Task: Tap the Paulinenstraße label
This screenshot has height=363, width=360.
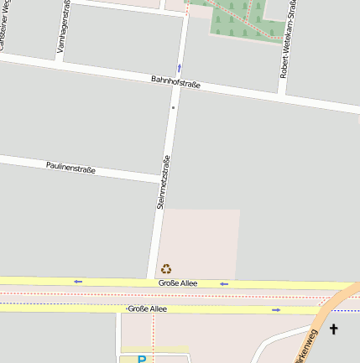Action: (x=70, y=168)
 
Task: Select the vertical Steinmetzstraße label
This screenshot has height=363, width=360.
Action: (x=163, y=182)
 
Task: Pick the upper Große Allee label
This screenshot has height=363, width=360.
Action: (x=178, y=283)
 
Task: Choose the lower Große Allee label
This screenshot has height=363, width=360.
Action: (x=147, y=309)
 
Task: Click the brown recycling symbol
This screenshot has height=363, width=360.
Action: (x=166, y=269)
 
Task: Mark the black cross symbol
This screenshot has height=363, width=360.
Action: (x=334, y=329)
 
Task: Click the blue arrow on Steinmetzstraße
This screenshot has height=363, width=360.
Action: (x=179, y=67)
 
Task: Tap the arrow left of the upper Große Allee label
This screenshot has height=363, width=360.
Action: (x=78, y=281)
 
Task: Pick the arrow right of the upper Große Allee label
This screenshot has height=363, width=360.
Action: (x=224, y=284)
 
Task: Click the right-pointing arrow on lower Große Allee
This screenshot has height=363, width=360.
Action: (x=276, y=310)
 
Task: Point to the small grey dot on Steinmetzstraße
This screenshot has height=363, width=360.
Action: (x=173, y=107)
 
